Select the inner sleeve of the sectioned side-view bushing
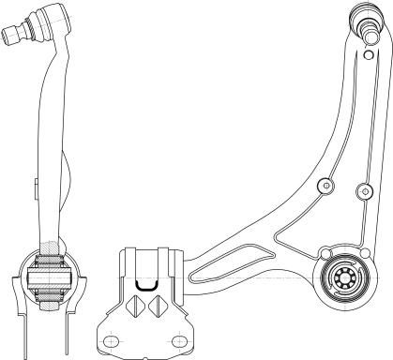click(49, 278)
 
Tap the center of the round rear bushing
click(342, 277)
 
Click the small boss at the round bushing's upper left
click(325, 252)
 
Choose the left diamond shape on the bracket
click(134, 307)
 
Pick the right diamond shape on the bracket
click(159, 307)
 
